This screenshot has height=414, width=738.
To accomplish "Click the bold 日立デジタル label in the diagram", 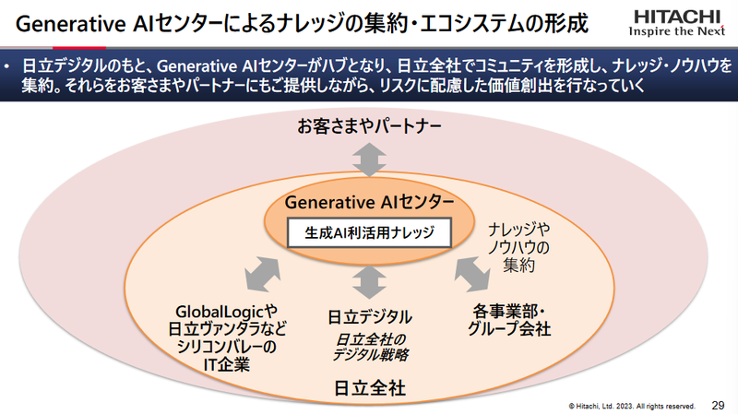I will [369, 316].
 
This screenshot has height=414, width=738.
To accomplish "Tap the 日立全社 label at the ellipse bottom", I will [369, 383].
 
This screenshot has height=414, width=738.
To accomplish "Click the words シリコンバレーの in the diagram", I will [226, 347].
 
